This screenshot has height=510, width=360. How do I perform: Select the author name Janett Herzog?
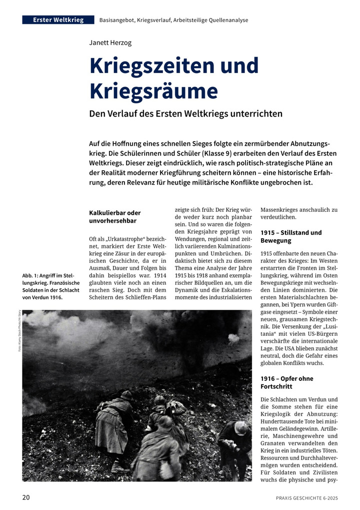click(110, 43)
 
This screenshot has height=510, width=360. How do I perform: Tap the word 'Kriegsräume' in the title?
click(153, 91)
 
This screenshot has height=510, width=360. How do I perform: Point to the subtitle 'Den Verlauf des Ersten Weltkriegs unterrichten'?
click(185, 114)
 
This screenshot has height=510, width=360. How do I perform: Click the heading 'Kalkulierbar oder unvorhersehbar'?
click(114, 217)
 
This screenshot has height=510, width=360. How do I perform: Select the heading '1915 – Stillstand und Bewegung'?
click(290, 237)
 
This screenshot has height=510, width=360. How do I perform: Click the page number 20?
click(26, 497)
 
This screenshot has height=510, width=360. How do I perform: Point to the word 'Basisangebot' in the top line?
click(118, 20)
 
